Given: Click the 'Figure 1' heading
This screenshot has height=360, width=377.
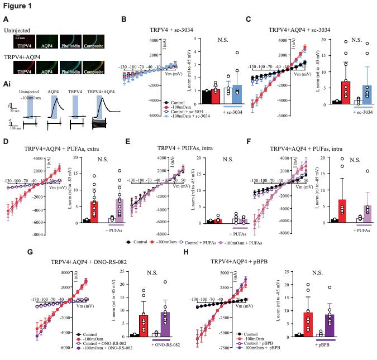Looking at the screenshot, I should [x=16, y=5].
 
